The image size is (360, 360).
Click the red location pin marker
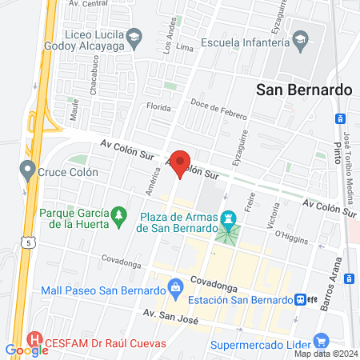click(x=181, y=162)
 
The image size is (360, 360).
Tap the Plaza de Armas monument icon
click(x=229, y=217)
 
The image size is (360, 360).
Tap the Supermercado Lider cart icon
click(x=322, y=341)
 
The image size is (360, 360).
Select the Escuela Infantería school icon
click(x=300, y=38)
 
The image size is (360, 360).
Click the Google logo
click(x=26, y=350)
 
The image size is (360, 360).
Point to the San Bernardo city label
click(x=304, y=90)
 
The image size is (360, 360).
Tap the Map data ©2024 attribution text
click(x=324, y=353)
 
